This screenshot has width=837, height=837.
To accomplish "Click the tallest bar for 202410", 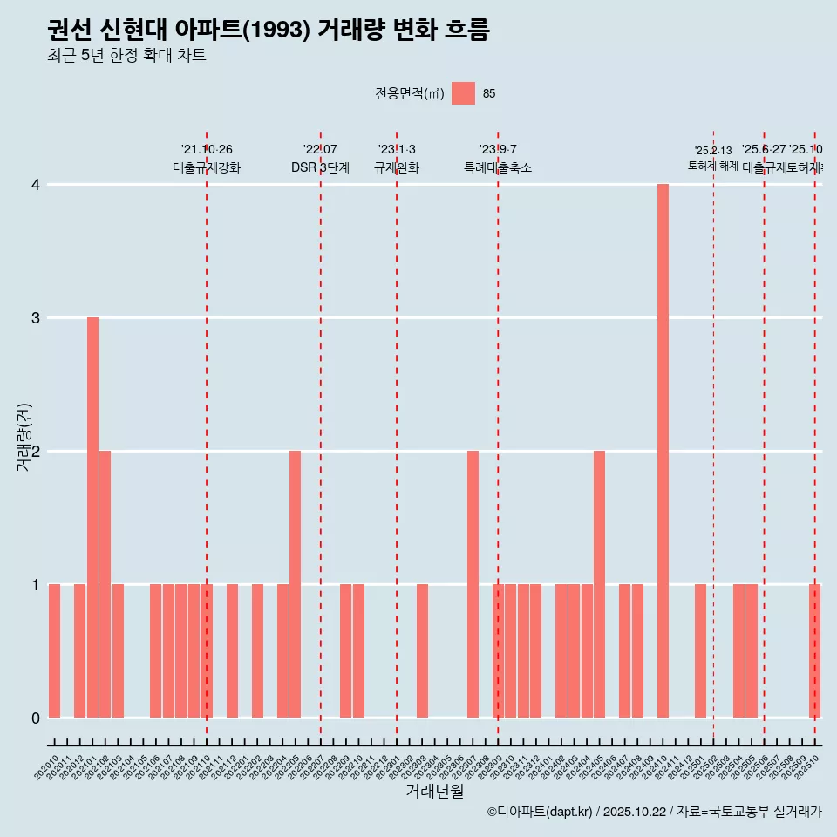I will pos(663,451).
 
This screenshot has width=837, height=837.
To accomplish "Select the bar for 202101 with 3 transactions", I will pos(92,517).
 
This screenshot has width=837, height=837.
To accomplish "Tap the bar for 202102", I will pos(105,584).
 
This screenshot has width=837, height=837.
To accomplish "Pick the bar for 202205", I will pos(295,584).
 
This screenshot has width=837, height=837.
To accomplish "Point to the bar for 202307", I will pos(473,584).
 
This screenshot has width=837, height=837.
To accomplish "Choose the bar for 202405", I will pos(599,584).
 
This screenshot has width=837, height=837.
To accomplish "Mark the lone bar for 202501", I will pos(700,650).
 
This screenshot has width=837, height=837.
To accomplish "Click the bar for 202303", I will pos(422,650).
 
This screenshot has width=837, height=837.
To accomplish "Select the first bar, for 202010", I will pos(54,650).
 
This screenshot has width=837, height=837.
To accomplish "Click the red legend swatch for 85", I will pos(463,93).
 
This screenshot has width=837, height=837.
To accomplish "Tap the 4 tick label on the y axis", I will pos(36,185).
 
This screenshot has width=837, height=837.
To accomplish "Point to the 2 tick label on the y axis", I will pos(36,452).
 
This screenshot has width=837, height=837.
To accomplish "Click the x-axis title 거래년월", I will pos(434,791).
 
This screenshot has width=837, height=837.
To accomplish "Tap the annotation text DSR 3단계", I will pos(320,167).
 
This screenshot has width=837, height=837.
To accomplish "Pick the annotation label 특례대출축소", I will pos(497,167).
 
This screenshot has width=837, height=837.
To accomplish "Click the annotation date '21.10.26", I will pos(207,149).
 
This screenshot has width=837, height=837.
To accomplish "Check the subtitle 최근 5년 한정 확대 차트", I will pos(126,56).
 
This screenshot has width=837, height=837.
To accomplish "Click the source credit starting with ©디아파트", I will pos(654,812).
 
